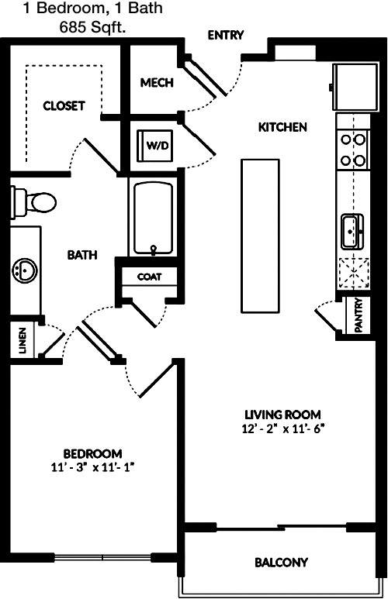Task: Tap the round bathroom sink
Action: click(25, 271)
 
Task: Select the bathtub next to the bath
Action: click(153, 219)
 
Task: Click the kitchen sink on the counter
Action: click(352, 232)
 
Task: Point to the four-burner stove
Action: click(353, 150)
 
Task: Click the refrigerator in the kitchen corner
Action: click(355, 87)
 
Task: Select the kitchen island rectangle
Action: click(260, 236)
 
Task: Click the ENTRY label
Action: click(225, 35)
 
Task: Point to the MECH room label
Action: click(157, 82)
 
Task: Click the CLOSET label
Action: click(64, 106)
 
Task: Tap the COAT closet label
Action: click(149, 277)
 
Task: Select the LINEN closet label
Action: click(23, 340)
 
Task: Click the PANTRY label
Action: click(359, 315)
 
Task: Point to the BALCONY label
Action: click(281, 563)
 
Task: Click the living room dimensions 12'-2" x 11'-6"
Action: click(283, 429)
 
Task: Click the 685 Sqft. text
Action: click(92, 27)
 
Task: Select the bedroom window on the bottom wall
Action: click(103, 557)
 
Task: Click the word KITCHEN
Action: click(282, 127)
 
